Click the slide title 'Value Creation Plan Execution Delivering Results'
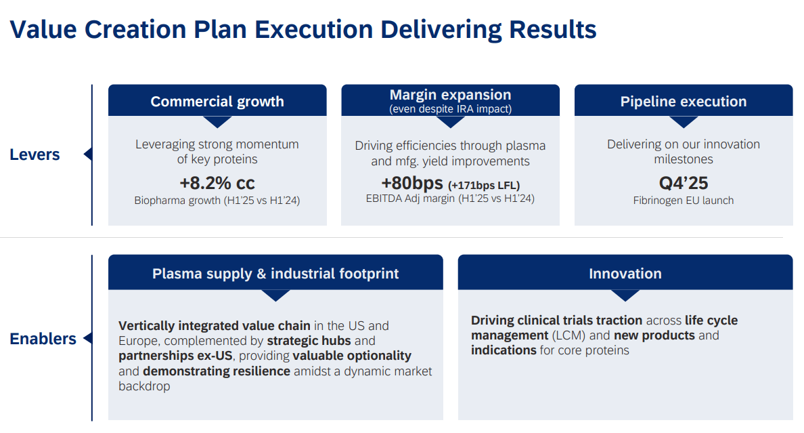[x=303, y=30]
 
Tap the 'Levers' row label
[x=35, y=154]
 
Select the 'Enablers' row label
[x=43, y=339]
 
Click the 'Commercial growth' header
[x=217, y=101]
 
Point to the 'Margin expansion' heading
[x=450, y=94]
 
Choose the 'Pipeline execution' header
[x=684, y=101]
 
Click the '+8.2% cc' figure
[x=217, y=183]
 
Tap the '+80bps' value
[x=412, y=183]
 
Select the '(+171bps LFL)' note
[x=484, y=186]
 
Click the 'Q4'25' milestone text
[x=684, y=183]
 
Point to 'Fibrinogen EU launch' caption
[x=684, y=201]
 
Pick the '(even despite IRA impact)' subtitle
[x=450, y=109]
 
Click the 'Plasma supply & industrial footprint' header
[x=275, y=273]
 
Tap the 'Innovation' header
[x=625, y=273]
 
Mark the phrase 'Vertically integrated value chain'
[x=215, y=326]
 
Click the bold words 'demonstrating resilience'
[x=217, y=371]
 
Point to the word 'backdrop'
[x=144, y=386]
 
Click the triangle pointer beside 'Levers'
[x=88, y=154]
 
